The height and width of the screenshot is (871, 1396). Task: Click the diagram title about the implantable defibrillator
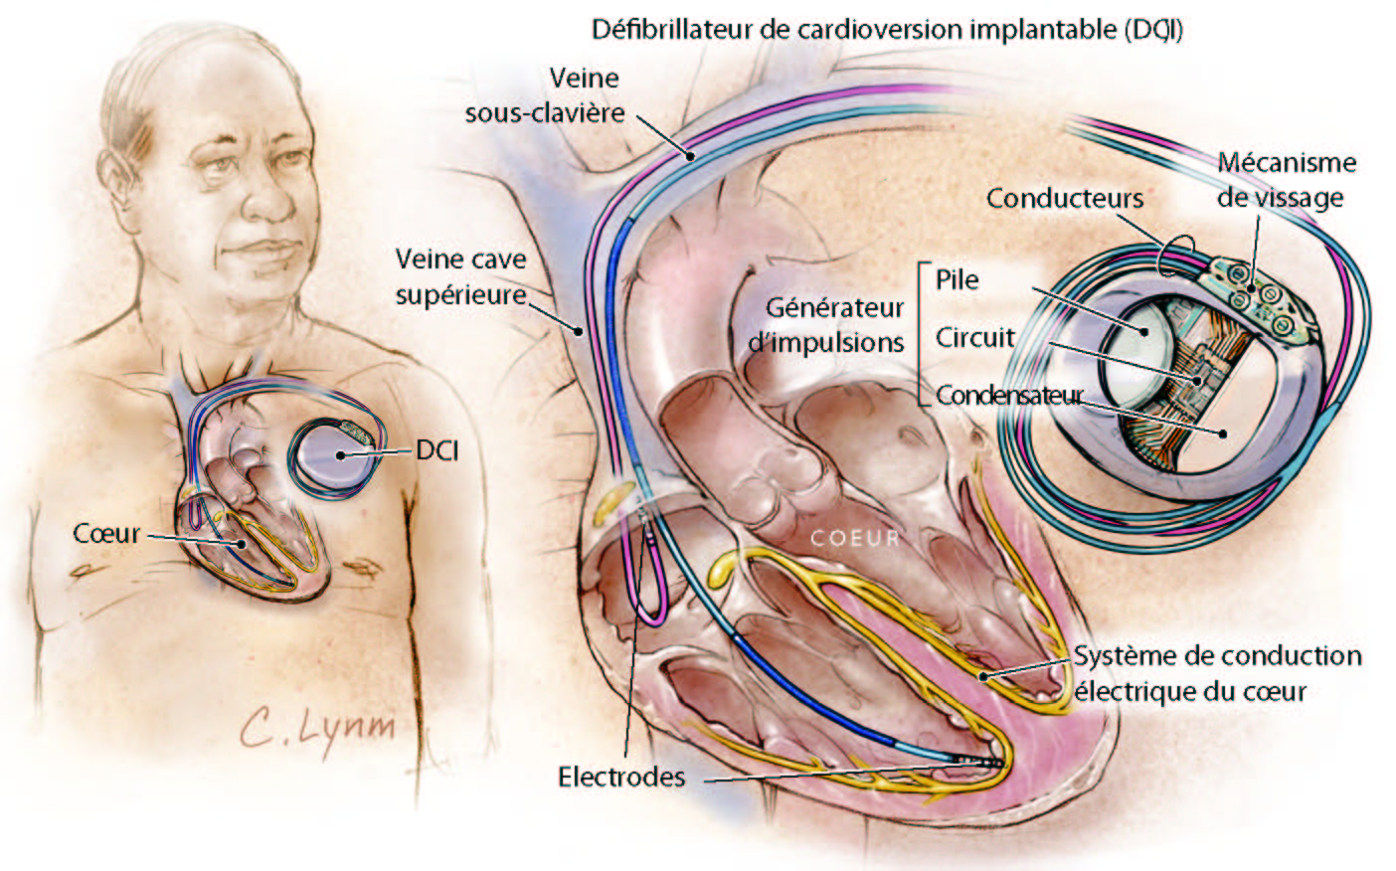coord(887,29)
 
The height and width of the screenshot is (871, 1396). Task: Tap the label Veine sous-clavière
coord(545,95)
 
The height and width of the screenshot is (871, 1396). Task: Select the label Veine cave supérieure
coord(460,276)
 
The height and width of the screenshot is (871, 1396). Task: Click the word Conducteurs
coord(1064,198)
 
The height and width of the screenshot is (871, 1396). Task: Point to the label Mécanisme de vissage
coord(1286,180)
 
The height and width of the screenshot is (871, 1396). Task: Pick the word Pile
coord(957,279)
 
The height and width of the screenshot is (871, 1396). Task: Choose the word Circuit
coord(974,337)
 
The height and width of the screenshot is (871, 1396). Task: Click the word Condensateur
coord(1009,395)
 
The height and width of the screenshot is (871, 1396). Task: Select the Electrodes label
coord(621,777)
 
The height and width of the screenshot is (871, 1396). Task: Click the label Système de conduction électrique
coord(1216,673)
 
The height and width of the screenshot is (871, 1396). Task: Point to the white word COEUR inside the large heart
coord(854,539)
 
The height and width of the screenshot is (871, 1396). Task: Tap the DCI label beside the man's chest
coord(437,450)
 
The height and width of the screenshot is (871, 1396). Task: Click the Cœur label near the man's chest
coord(106,534)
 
